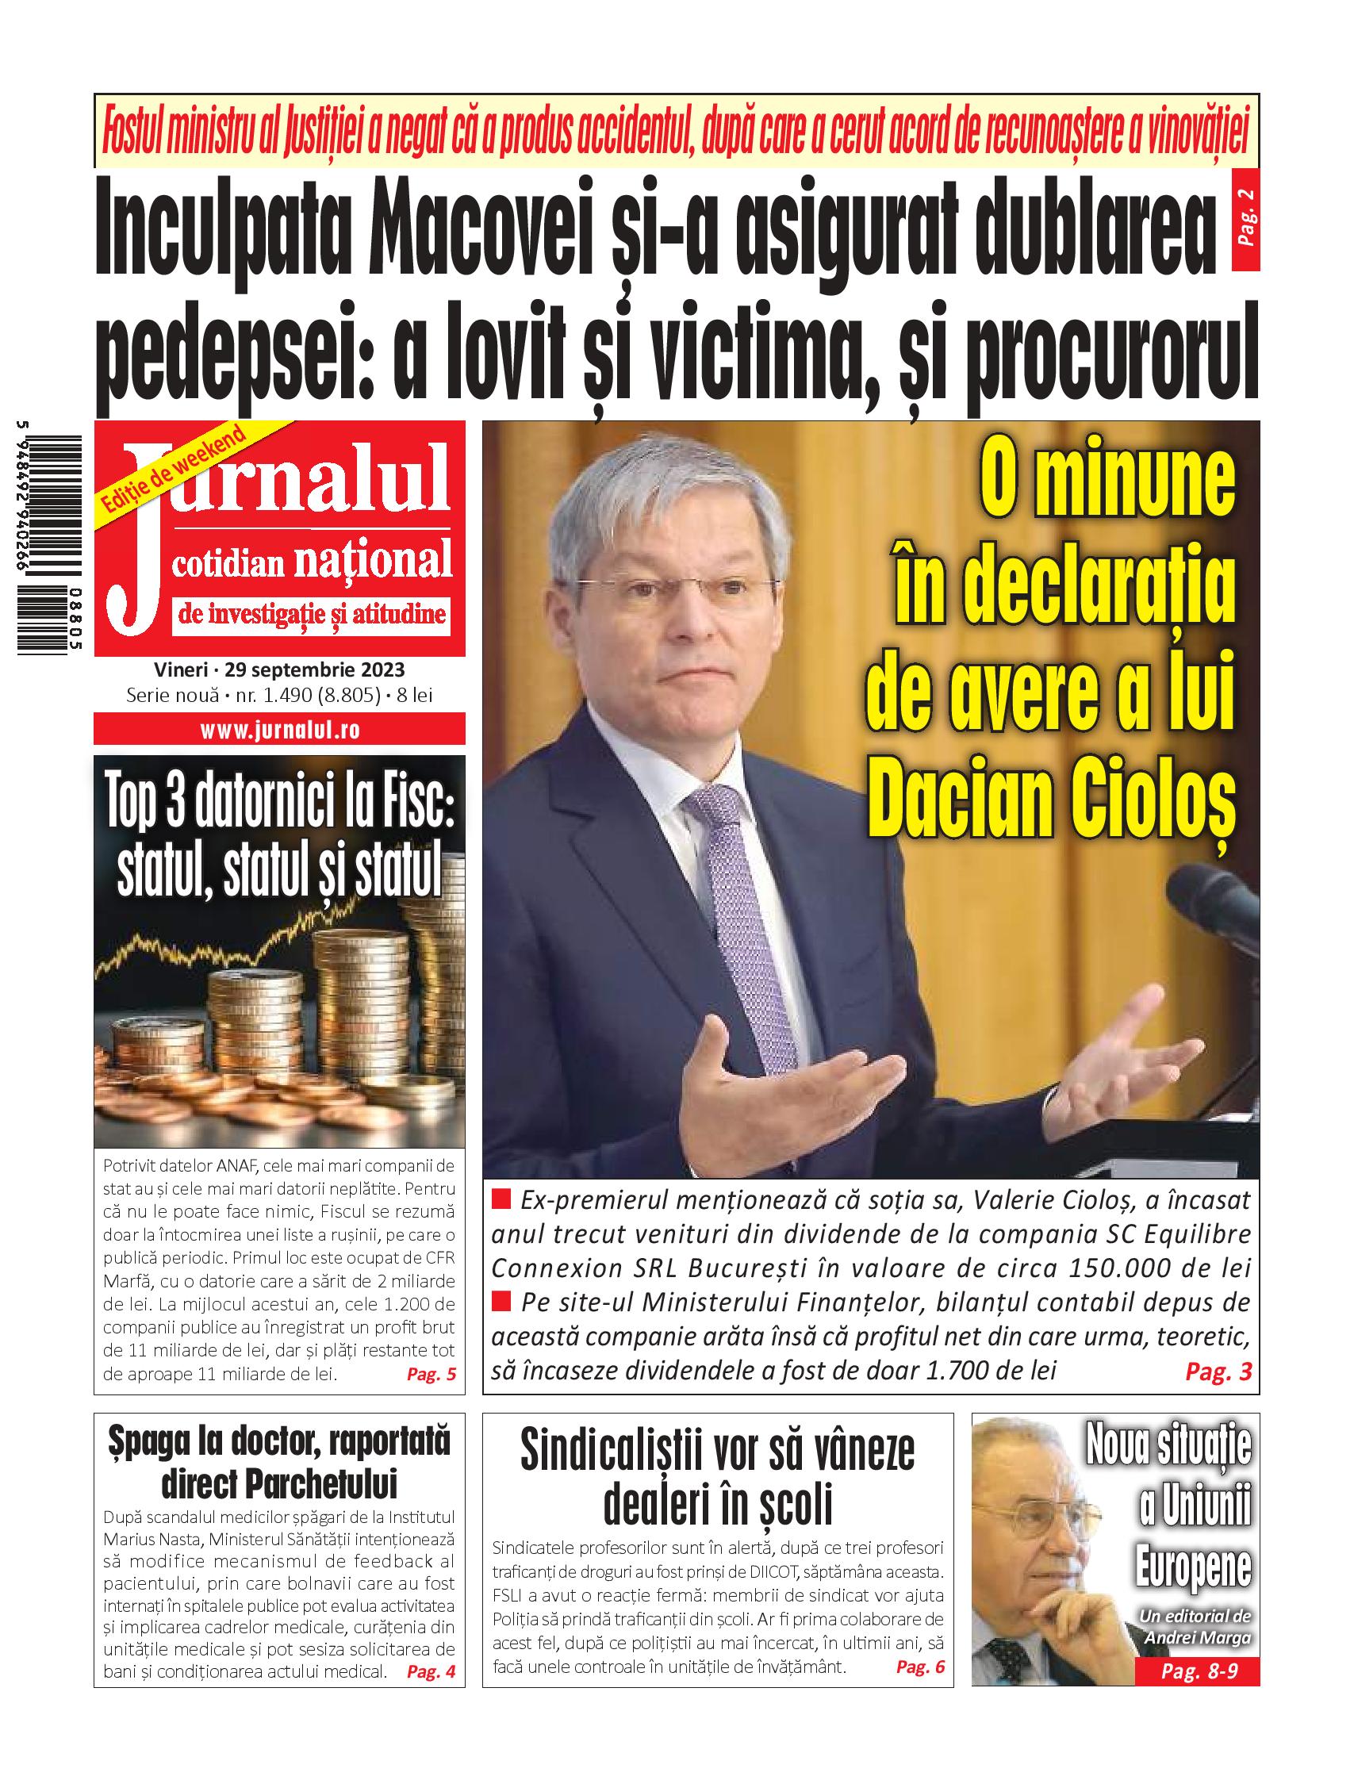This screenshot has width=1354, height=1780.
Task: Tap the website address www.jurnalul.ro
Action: click(280, 731)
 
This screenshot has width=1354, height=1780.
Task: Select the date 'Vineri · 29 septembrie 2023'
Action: click(279, 670)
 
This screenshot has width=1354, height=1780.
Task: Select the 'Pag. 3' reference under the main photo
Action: click(1218, 1372)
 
